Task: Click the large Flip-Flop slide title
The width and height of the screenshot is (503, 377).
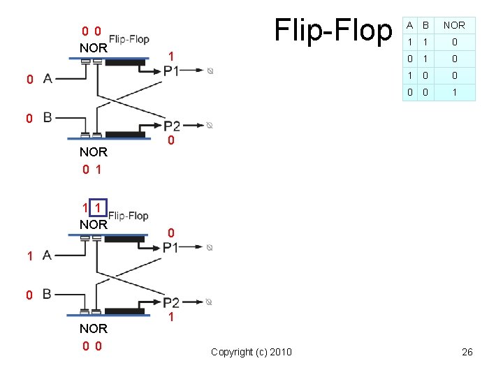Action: coord(334,31)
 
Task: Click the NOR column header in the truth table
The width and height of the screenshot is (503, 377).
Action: coord(454,26)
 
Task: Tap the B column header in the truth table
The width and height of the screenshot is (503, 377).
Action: coord(425,26)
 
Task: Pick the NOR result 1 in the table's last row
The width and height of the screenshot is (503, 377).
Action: coord(454,92)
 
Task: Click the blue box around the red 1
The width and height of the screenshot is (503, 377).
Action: coord(99,208)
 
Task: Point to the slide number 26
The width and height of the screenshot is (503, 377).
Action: coord(467,352)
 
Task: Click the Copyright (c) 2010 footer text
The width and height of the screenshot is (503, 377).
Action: coord(251,352)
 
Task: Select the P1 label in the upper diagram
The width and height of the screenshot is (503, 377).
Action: coord(171,71)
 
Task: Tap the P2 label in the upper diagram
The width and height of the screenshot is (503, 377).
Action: coord(172,126)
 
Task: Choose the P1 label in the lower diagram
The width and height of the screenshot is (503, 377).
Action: coord(171,247)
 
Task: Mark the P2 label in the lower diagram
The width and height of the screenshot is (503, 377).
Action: coord(172,302)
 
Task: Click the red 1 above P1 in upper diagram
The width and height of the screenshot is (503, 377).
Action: coord(171,56)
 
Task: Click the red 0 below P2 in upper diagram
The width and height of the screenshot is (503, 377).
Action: coord(171,142)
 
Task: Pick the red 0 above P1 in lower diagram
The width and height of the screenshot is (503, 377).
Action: coord(171,232)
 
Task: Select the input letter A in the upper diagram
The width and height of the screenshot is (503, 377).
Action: coord(48,79)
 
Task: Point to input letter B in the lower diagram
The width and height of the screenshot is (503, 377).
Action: coord(48,294)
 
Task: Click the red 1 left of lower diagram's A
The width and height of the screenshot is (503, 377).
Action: coord(30,256)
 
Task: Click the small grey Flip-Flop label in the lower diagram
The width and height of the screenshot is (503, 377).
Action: coord(129,216)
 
